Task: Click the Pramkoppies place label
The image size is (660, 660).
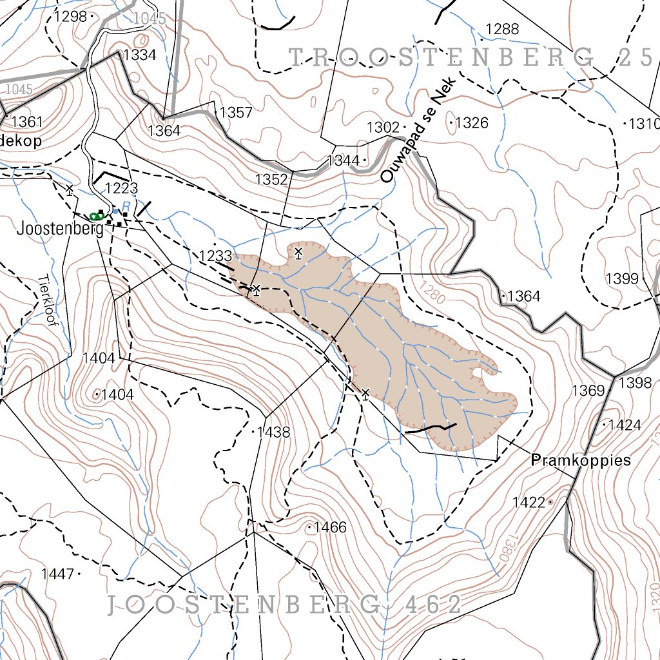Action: [x=580, y=461]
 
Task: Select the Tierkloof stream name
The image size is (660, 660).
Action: [x=48, y=300]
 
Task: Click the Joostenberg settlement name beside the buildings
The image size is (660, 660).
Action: [x=60, y=229]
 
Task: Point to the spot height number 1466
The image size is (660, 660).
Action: [x=331, y=528]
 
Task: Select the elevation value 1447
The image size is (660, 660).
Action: [x=57, y=573]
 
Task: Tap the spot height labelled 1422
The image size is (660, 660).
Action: [x=529, y=502]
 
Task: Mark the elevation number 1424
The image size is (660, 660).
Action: [x=625, y=425]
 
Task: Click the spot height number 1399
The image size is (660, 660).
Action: [x=622, y=278]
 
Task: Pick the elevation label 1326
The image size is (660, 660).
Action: [x=472, y=122]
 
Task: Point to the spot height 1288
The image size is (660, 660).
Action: [x=502, y=28]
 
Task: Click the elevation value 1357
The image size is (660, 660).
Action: [x=236, y=113]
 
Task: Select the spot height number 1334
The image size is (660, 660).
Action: [x=140, y=55]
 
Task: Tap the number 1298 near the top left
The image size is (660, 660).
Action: [x=70, y=16]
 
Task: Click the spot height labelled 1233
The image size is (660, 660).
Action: [x=215, y=256]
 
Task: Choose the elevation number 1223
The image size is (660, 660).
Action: [x=122, y=188]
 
